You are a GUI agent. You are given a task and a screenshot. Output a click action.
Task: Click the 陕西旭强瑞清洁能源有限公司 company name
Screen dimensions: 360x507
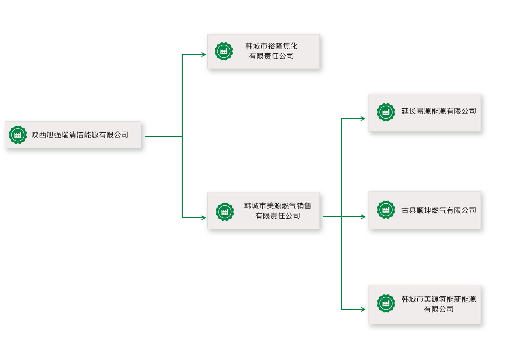(x=80, y=135)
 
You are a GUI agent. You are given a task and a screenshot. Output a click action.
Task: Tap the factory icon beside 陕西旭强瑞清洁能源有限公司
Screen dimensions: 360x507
(x=18, y=135)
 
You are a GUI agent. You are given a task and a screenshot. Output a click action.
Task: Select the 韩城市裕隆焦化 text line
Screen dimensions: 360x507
(x=271, y=46)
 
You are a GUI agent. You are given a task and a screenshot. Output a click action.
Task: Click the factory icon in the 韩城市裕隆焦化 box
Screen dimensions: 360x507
(x=224, y=52)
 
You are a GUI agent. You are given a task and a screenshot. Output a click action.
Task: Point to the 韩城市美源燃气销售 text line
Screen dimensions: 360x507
(x=277, y=206)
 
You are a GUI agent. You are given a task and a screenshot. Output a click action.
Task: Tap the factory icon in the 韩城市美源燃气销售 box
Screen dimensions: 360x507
(x=225, y=212)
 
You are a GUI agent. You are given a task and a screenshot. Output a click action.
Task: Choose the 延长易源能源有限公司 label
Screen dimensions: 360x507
(x=438, y=111)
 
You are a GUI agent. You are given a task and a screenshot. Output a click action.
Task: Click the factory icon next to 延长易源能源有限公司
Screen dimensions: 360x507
(x=386, y=112)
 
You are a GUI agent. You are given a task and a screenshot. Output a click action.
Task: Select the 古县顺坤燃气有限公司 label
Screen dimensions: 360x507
(x=438, y=210)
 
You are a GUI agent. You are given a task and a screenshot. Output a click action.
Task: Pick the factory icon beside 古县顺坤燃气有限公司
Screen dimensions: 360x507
(x=386, y=210)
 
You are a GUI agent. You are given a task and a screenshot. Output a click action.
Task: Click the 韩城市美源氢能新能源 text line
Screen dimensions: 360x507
(x=438, y=299)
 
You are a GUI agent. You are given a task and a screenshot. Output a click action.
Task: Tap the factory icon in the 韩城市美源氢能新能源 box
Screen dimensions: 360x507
(x=386, y=303)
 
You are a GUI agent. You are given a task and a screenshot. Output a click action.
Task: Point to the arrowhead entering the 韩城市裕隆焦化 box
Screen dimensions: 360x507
(x=204, y=55)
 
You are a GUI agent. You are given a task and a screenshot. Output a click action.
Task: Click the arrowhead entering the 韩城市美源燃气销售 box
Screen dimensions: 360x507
(x=204, y=218)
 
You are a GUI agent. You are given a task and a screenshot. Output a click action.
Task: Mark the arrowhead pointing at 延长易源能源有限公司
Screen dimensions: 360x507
(x=363, y=119)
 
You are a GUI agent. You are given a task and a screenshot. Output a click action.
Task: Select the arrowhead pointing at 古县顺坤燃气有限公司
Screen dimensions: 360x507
(x=363, y=217)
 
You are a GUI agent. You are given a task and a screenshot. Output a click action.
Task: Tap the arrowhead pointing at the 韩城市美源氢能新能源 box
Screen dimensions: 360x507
(x=363, y=309)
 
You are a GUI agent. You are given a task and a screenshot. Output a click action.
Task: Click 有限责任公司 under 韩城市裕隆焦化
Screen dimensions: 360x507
(x=271, y=56)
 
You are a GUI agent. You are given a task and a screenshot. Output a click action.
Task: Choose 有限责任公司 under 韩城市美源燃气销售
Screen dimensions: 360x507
(x=277, y=216)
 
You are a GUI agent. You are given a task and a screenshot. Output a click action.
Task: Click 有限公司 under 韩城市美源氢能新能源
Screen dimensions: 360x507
(x=438, y=309)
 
